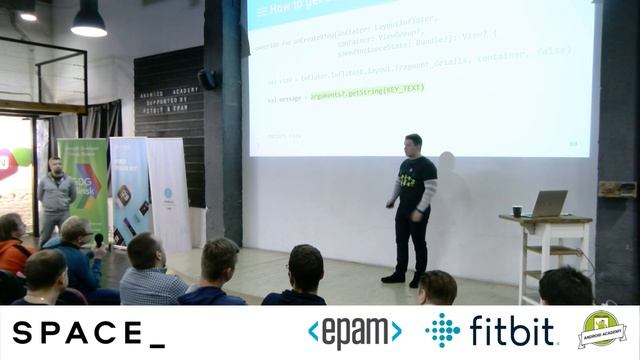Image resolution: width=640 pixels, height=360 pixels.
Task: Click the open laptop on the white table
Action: tap(547, 205)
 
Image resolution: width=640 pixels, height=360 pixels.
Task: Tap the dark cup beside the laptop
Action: tap(517, 211)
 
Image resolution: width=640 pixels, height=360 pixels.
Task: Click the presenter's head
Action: tap(413, 143)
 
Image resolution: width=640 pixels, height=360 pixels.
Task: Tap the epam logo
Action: tap(354, 332)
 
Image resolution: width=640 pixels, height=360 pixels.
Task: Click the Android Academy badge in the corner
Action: tap(602, 330)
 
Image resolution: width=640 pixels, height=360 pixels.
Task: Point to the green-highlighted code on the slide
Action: tap(367, 88)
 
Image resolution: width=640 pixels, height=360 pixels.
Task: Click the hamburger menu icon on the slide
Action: tap(262, 11)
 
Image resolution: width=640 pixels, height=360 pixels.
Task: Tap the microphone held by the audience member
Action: tap(98, 240)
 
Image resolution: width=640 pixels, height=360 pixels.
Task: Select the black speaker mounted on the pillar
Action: tap(207, 79)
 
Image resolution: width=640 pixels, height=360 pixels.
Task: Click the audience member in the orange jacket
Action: tap(12, 246)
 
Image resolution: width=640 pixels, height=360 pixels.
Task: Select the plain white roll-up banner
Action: tap(168, 195)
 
